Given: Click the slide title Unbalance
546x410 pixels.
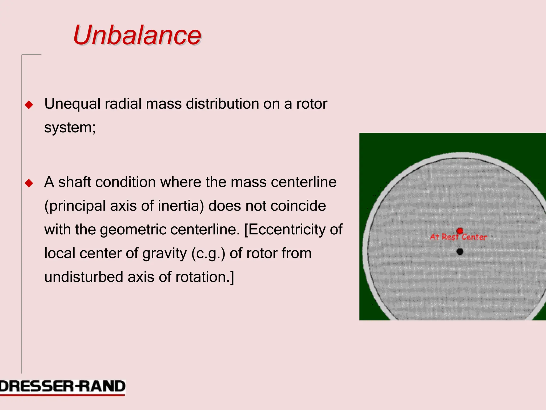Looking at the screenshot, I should pyautogui.click(x=137, y=35).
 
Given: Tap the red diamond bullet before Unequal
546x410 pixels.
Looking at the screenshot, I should pyautogui.click(x=29, y=105).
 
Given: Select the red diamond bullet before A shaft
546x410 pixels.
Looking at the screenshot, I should pyautogui.click(x=29, y=183).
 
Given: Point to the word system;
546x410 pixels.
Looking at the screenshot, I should pyautogui.click(x=70, y=128).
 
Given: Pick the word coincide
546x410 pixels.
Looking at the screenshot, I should pyautogui.click(x=298, y=206).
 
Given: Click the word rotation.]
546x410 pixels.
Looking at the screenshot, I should pyautogui.click(x=204, y=277).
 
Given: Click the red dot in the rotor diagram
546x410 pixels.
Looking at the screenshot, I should pyautogui.click(x=460, y=231).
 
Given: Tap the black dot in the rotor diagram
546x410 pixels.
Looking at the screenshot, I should pyautogui.click(x=460, y=251).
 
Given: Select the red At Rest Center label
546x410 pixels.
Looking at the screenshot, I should pyautogui.click(x=459, y=237).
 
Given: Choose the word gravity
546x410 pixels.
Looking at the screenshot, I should pyautogui.click(x=164, y=254).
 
